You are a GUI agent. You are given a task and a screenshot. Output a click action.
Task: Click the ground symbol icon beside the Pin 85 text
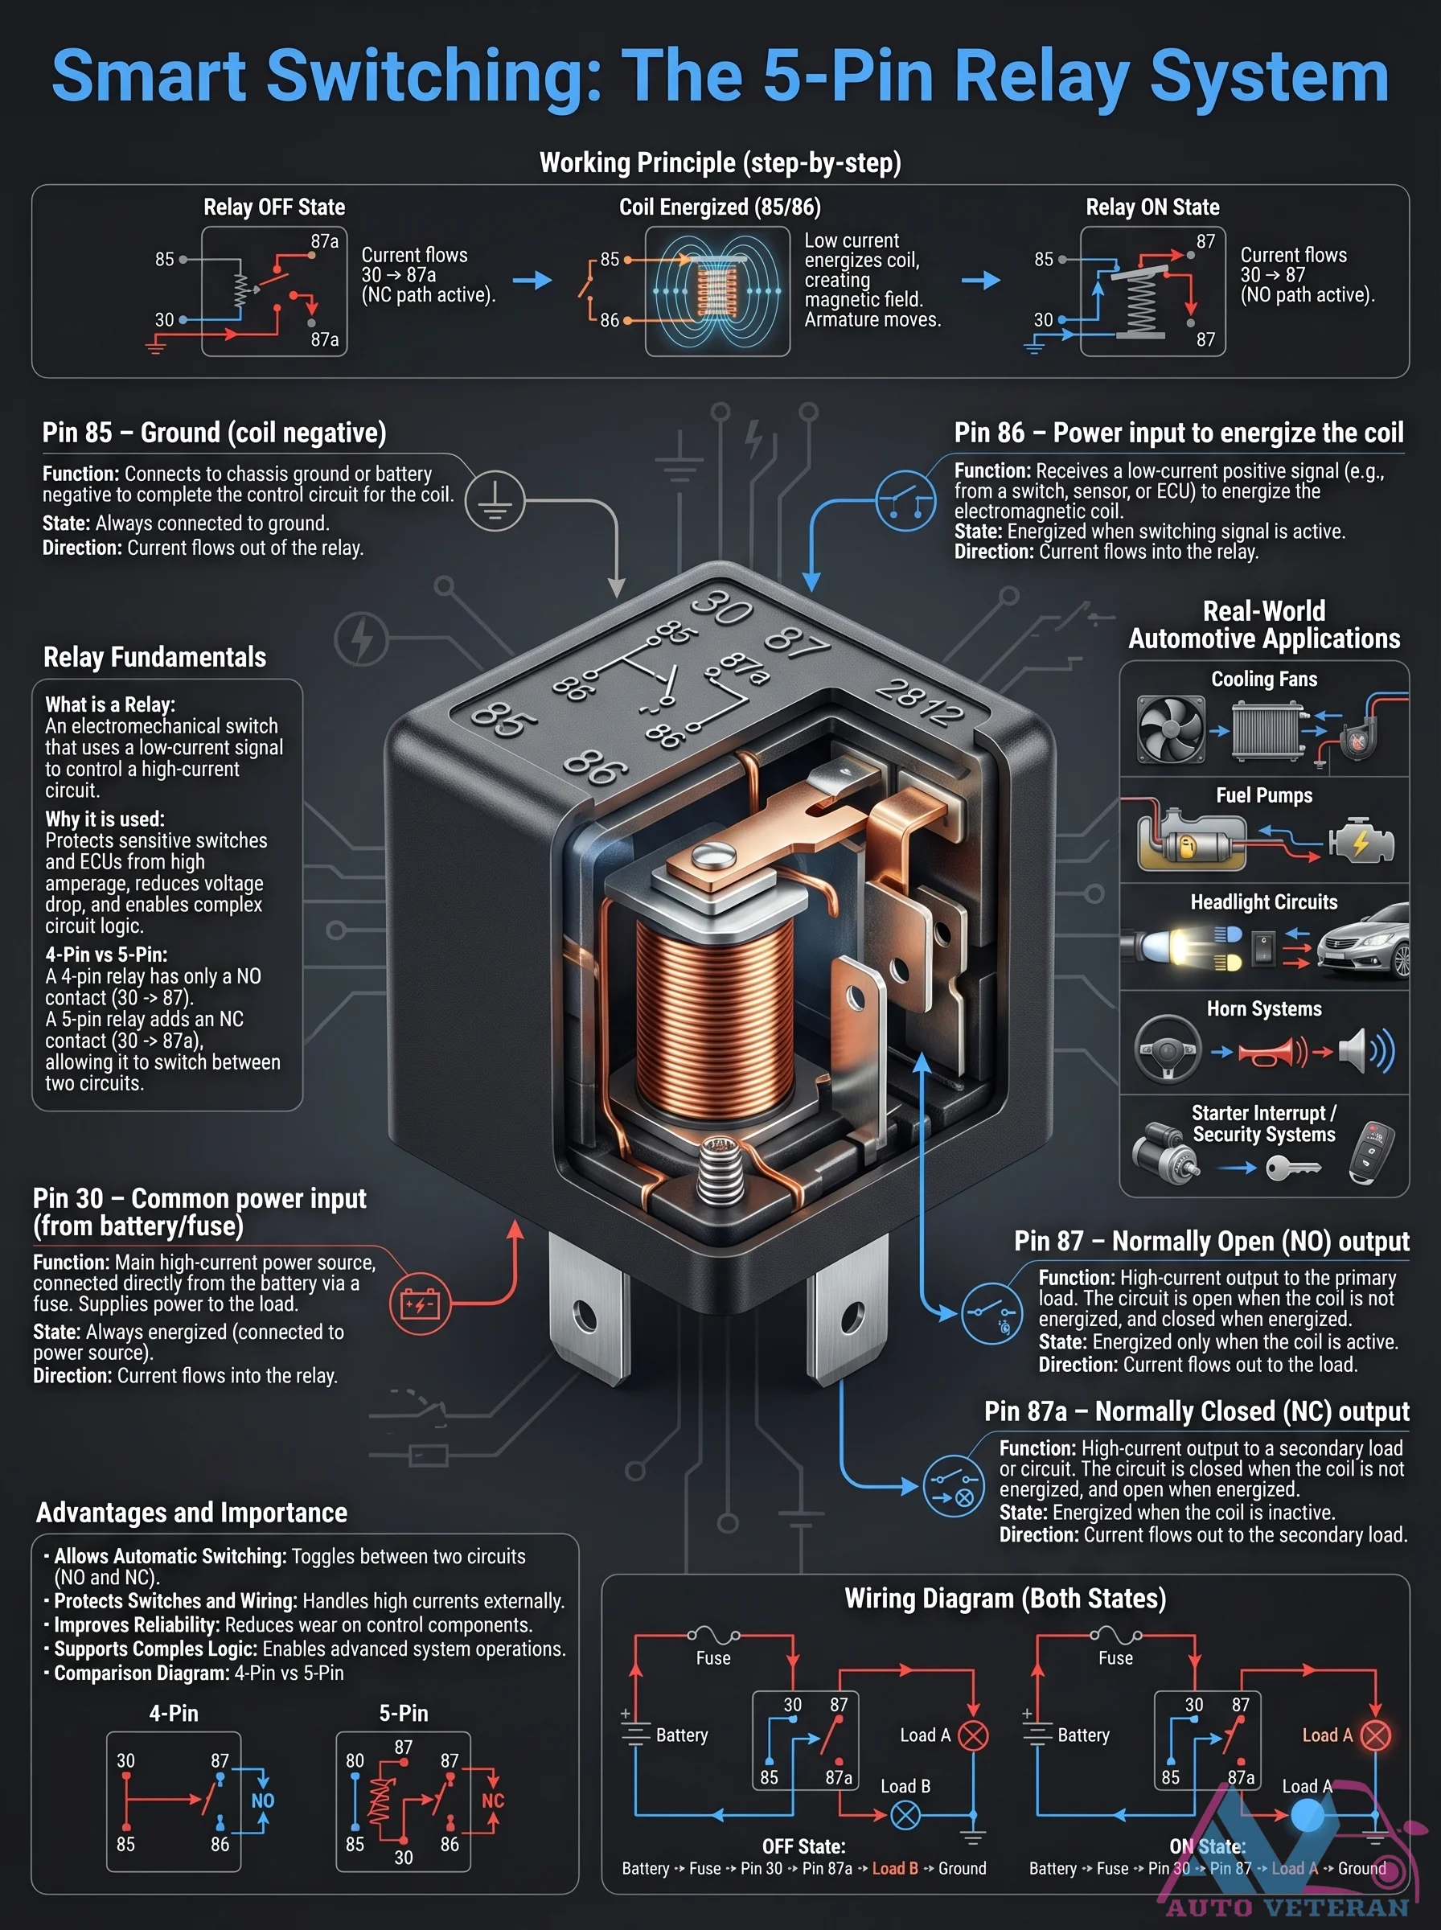coord(495,502)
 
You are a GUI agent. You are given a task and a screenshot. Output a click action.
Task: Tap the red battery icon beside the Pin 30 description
coord(420,1304)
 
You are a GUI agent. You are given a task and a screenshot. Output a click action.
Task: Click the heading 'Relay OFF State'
coord(274,207)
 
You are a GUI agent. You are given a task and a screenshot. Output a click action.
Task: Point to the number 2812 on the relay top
coord(919,701)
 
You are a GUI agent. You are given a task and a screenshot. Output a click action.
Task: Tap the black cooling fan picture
coord(1171,729)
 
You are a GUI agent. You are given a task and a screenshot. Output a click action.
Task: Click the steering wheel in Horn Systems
coord(1168,1049)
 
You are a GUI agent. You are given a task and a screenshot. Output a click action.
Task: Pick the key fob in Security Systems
coord(1372,1152)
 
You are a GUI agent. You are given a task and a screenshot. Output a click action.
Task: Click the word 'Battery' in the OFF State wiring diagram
coord(681,1735)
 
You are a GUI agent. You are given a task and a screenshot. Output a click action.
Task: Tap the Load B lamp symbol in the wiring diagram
coord(905,1817)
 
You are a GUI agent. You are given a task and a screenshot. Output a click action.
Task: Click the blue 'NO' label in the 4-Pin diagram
coord(263,1801)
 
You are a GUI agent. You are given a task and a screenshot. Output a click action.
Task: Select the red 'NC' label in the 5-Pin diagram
coord(493,1801)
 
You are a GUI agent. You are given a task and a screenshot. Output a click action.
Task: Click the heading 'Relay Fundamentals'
coord(154,657)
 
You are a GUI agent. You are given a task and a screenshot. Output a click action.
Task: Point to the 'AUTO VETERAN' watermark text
coord(1287,1907)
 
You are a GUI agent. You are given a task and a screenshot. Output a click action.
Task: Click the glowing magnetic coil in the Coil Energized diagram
coord(717,290)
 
